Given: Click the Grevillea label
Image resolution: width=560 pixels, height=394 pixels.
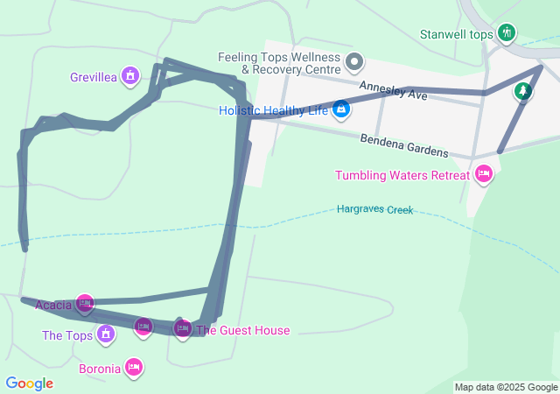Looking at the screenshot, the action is pos(94,77).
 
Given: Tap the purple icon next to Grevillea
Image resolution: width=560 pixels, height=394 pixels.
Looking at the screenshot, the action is pos(130,76).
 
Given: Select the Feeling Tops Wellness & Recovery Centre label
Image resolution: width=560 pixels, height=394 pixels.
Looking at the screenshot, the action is pos(279,63).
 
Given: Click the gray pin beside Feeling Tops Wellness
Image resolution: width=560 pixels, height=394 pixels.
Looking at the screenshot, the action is pos(354,61).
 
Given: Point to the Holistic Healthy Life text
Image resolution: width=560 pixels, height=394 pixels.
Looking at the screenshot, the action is pos(273,110).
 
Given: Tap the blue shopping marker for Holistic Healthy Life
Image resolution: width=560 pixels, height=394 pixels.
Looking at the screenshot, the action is pos(341,109).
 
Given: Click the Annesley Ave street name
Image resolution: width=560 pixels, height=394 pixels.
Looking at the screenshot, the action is pos(393,89).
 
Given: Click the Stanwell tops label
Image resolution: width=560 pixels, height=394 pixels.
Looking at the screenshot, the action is pos(457,34).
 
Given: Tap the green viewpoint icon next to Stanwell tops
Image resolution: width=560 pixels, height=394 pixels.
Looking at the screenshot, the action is pos(506,33).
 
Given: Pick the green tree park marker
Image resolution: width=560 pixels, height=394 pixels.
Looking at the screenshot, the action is pos(522,90).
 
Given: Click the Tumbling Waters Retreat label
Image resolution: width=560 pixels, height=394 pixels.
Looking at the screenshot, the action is pos(402,175).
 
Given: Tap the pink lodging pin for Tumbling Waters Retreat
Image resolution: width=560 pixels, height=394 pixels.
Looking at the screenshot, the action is pos(484,175).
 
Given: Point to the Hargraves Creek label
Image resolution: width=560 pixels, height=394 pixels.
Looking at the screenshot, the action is pos(374,210).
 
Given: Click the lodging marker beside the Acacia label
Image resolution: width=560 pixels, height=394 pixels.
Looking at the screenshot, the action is pos(85,304).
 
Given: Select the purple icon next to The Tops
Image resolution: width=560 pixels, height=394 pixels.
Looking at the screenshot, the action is pos(106,334).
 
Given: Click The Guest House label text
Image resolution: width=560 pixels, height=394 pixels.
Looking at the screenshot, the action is pos(242,330).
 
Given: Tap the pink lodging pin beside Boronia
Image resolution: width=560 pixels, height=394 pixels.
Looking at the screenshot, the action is pos(134,367).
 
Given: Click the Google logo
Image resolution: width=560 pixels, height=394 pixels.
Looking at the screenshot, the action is pos(29,383).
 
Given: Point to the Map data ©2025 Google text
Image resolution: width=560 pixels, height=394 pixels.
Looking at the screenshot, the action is pos(506,387).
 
